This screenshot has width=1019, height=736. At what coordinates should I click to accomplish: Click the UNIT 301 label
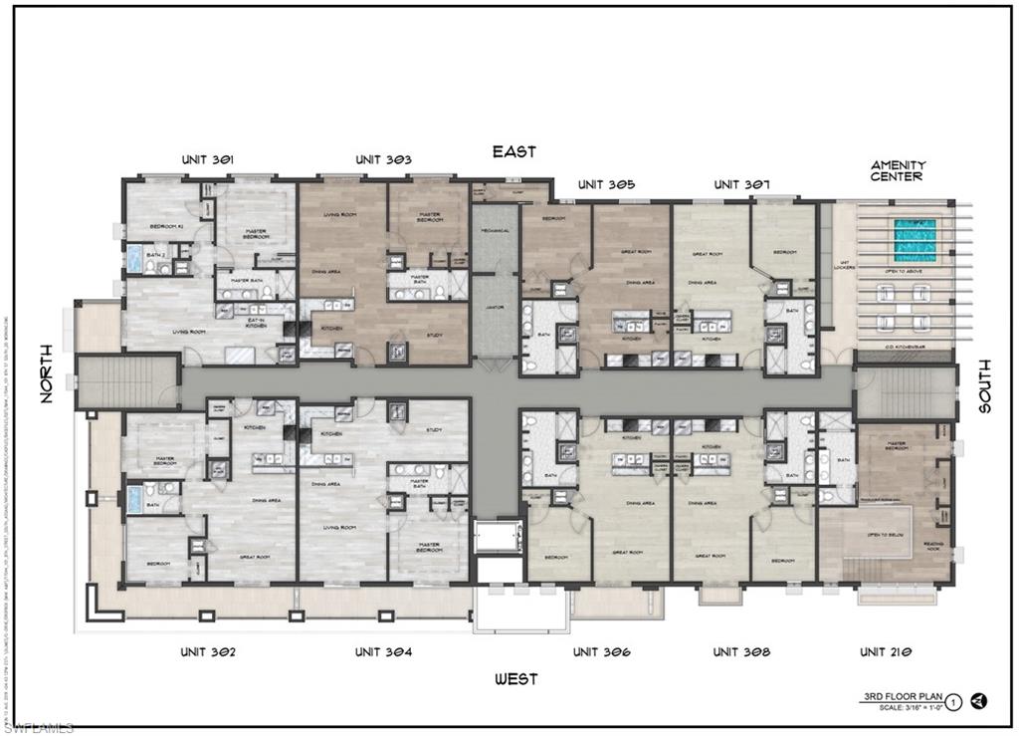coord(208,159)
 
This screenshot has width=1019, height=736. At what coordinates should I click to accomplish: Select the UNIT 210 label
coord(887,652)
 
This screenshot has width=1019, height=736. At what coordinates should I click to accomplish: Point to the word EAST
coord(514,151)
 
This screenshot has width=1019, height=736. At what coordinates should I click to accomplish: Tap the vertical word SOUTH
coord(984,385)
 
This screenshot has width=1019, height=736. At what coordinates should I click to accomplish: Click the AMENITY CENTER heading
coord(898,170)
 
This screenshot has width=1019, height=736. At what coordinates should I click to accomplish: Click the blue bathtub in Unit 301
coord(133,260)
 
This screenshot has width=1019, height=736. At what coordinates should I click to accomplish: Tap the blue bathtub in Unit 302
coord(133,499)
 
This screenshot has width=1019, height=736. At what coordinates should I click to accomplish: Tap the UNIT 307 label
coord(741,185)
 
